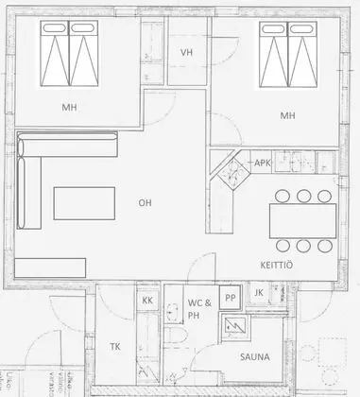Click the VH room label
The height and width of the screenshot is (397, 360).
186,53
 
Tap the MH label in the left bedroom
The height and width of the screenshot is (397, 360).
69,107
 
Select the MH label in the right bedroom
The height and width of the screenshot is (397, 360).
287,115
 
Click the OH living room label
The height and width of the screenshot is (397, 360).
145,201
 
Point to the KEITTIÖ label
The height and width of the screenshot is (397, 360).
276,266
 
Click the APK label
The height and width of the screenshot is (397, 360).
263,164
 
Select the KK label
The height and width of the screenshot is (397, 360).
146,301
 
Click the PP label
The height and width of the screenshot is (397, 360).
229,298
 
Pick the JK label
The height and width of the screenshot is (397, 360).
259,293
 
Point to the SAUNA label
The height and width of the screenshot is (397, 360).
254,357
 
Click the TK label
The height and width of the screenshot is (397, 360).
115,347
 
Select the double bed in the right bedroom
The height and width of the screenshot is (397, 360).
286,58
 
